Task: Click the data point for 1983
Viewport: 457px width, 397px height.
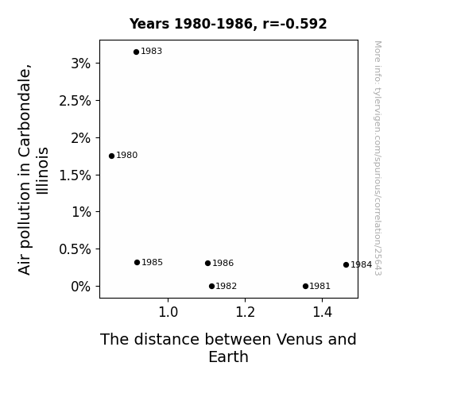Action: [x=136, y=52]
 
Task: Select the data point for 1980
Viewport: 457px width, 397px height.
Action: [x=111, y=156]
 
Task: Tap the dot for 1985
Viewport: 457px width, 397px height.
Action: [x=137, y=263]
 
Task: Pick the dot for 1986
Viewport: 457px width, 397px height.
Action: [x=207, y=264]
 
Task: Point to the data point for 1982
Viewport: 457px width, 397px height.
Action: [x=211, y=287]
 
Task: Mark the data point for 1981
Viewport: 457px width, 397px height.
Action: [x=305, y=287]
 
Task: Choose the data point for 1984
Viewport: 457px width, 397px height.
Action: [x=346, y=264]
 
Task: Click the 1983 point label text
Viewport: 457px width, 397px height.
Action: [x=151, y=52]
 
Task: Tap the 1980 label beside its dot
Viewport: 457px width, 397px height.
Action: [x=127, y=156]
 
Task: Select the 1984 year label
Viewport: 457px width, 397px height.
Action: [x=361, y=264]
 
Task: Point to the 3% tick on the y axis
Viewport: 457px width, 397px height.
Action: [x=81, y=64]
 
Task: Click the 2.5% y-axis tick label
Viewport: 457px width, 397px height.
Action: [x=75, y=101]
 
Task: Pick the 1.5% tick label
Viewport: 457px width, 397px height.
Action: [x=75, y=175]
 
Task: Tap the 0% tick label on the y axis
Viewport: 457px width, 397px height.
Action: [x=81, y=287]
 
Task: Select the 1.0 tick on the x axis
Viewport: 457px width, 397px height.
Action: [x=168, y=312]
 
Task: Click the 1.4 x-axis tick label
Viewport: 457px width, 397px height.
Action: [x=322, y=312]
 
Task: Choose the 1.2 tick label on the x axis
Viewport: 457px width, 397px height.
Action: [x=245, y=312]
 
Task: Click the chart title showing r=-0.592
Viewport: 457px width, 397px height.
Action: [x=228, y=24]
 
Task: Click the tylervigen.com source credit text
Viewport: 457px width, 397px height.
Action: [x=378, y=158]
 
